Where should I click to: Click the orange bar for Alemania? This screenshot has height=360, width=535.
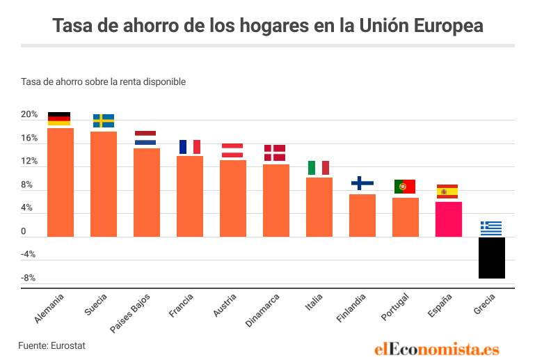pyautogui.click(x=61, y=182)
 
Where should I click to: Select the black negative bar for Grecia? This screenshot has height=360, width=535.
pyautogui.click(x=492, y=258)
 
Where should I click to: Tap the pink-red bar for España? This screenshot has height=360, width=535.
pyautogui.click(x=449, y=219)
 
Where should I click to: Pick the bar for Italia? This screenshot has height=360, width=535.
pyautogui.click(x=319, y=207)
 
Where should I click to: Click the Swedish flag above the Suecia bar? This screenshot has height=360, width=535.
pyautogui.click(x=104, y=121)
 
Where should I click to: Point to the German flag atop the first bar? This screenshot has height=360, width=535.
pyautogui.click(x=59, y=119)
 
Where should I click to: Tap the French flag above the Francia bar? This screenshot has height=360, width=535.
pyautogui.click(x=190, y=147)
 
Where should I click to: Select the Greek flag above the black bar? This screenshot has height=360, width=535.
pyautogui.click(x=491, y=228)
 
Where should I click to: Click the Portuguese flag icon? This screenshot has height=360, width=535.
pyautogui.click(x=405, y=187)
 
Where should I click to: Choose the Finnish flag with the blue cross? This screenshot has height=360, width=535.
pyautogui.click(x=362, y=183)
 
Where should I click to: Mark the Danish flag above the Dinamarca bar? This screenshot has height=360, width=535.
pyautogui.click(x=275, y=152)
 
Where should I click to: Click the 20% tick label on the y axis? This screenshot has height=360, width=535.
pyautogui.click(x=29, y=115)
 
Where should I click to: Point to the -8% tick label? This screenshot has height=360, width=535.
pyautogui.click(x=28, y=278)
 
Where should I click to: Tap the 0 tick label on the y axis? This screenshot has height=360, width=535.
pyautogui.click(x=24, y=231)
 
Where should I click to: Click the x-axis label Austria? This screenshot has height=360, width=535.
pyautogui.click(x=225, y=306)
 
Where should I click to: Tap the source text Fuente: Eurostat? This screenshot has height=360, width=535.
pyautogui.click(x=51, y=345)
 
